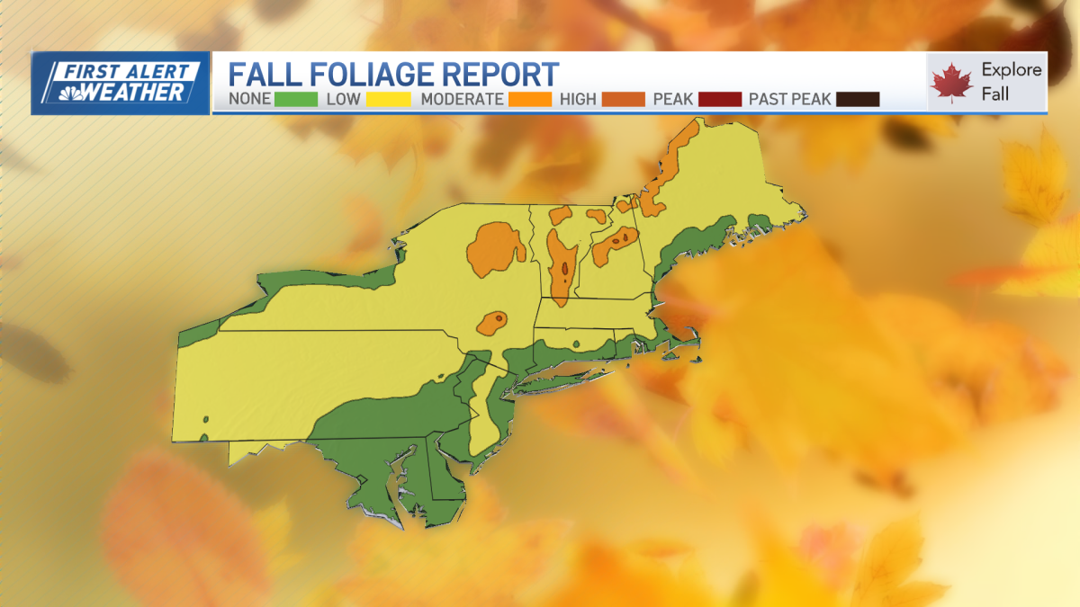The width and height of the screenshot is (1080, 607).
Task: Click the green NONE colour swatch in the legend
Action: tap(296, 99)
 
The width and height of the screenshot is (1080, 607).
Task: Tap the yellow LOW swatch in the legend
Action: tap(389, 99)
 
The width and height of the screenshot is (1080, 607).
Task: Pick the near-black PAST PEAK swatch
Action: tap(858, 99)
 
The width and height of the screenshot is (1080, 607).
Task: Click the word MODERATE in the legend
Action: tap(462, 99)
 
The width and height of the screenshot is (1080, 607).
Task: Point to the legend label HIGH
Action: tap(578, 99)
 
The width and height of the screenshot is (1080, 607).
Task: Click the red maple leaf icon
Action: tap(952, 84)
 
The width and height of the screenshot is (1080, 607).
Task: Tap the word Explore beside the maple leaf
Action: tap(1012, 70)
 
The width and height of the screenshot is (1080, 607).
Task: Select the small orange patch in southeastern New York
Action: tap(492, 322)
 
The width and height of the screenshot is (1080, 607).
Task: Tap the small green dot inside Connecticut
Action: tap(576, 344)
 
